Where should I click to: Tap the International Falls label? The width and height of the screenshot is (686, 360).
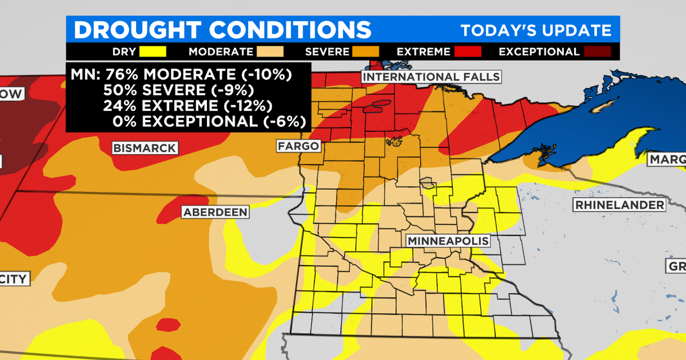click(x=432, y=77)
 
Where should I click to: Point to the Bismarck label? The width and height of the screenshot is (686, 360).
click(x=144, y=148)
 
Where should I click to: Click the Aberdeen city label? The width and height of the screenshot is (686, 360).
click(x=216, y=212)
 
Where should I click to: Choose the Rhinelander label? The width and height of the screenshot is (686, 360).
click(x=620, y=205)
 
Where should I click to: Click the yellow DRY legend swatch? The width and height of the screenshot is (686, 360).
click(x=152, y=51)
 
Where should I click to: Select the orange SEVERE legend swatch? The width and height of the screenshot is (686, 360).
click(x=366, y=51)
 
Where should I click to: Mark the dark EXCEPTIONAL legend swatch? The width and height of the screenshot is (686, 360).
click(x=597, y=51)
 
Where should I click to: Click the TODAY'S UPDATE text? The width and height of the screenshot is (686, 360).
click(x=536, y=30)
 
